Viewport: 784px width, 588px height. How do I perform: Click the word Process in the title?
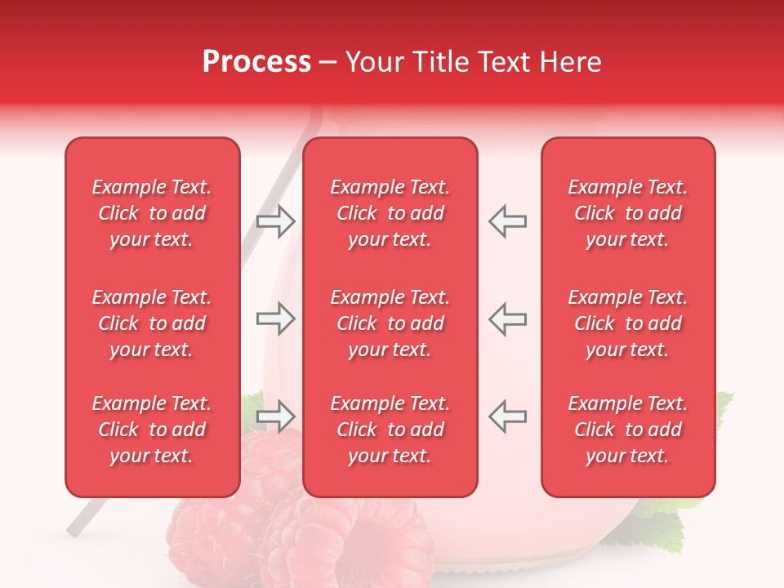click(x=256, y=62)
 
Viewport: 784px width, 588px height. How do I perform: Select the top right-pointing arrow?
click(x=276, y=220)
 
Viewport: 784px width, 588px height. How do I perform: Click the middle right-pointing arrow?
click(x=276, y=319)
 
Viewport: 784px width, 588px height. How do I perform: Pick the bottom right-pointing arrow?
click(x=276, y=416)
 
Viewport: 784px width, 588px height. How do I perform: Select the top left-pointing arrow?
click(x=507, y=220)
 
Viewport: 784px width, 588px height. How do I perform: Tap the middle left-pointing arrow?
click(x=507, y=319)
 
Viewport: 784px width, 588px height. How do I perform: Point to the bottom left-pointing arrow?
click(x=507, y=416)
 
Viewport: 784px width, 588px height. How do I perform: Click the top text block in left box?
click(x=152, y=213)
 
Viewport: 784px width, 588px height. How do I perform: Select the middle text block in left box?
click(x=152, y=323)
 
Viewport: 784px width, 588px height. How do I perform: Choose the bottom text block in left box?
click(x=152, y=430)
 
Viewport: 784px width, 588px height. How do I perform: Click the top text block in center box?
click(x=390, y=213)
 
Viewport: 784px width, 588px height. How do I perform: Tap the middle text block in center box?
click(x=390, y=323)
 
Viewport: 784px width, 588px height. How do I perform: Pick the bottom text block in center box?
click(x=390, y=430)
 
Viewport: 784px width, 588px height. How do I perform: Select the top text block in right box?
click(x=627, y=213)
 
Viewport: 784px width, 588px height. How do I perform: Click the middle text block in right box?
click(x=627, y=323)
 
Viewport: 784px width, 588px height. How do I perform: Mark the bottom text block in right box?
click(x=627, y=430)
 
